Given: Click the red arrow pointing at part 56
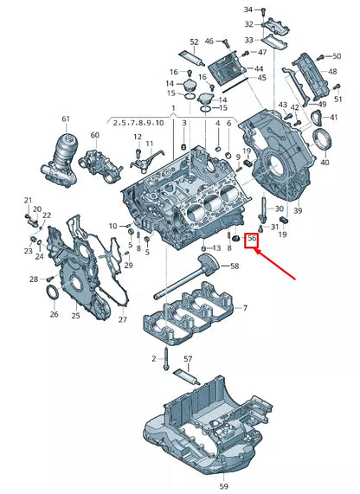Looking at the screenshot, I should (x=275, y=264).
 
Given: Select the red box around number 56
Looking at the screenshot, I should (x=251, y=238).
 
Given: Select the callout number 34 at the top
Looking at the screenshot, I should (x=248, y=8).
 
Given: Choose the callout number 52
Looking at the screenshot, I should (x=193, y=42).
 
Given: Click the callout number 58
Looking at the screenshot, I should (x=235, y=267).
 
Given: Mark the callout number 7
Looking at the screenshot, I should (x=245, y=308).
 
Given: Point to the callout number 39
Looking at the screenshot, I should (x=297, y=210).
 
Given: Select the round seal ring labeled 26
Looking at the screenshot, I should (x=53, y=295).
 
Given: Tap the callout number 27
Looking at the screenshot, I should (x=121, y=319).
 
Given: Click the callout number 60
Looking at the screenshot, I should (x=95, y=135).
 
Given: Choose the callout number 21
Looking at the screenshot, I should (x=27, y=200).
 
